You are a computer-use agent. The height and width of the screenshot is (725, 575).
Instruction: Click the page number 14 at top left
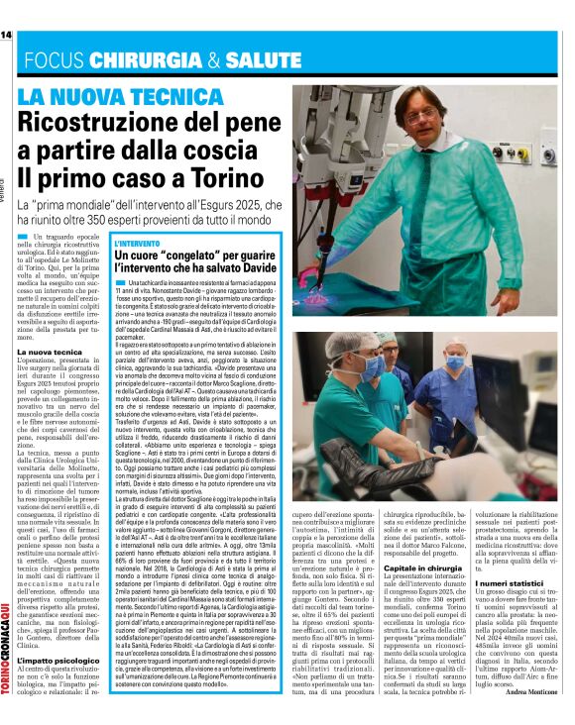pos(7,36)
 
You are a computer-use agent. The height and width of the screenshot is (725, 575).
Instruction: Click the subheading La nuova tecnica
pos(49,352)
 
